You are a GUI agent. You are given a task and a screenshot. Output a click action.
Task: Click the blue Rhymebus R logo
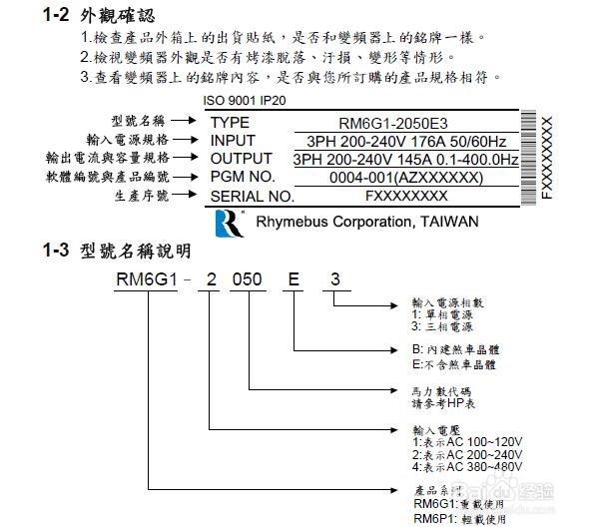pyautogui.click(x=230, y=224)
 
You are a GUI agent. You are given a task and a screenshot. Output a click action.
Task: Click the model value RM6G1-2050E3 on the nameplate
pyautogui.click(x=393, y=124)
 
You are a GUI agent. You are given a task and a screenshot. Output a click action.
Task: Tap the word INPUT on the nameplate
pyautogui.click(x=233, y=141)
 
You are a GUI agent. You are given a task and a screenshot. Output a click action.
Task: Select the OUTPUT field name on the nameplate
pyautogui.click(x=242, y=159)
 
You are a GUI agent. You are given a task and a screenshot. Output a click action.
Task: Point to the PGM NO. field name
pyautogui.click(x=243, y=177)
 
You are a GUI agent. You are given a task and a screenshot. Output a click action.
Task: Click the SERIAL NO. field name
pyautogui.click(x=253, y=197)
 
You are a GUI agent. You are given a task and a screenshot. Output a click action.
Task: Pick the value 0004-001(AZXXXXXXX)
pyautogui.click(x=406, y=178)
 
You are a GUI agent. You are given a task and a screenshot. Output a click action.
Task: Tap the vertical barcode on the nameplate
pyautogui.click(x=528, y=158)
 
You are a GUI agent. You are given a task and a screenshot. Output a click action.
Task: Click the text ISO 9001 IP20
pyautogui.click(x=245, y=101)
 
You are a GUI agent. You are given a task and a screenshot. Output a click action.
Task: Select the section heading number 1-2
pyautogui.click(x=56, y=15)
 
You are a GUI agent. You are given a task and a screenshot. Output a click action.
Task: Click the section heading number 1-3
pyautogui.click(x=56, y=251)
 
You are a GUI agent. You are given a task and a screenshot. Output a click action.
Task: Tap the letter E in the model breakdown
pyautogui.click(x=294, y=279)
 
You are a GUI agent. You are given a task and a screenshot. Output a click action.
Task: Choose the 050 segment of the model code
pyautogui.click(x=248, y=279)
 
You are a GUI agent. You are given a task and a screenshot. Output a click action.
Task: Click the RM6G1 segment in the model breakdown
pyautogui.click(x=146, y=279)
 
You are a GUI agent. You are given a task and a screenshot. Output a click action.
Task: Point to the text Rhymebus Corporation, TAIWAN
pyautogui.click(x=367, y=222)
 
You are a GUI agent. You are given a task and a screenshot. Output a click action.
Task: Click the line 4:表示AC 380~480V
pyautogui.click(x=467, y=467)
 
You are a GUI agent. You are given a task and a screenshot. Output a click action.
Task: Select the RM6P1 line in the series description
pyautogui.click(x=459, y=519)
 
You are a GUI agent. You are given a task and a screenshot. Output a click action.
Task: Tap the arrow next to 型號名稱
pyautogui.click(x=184, y=121)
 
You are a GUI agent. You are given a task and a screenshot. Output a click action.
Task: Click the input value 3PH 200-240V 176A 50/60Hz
pyautogui.click(x=406, y=142)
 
